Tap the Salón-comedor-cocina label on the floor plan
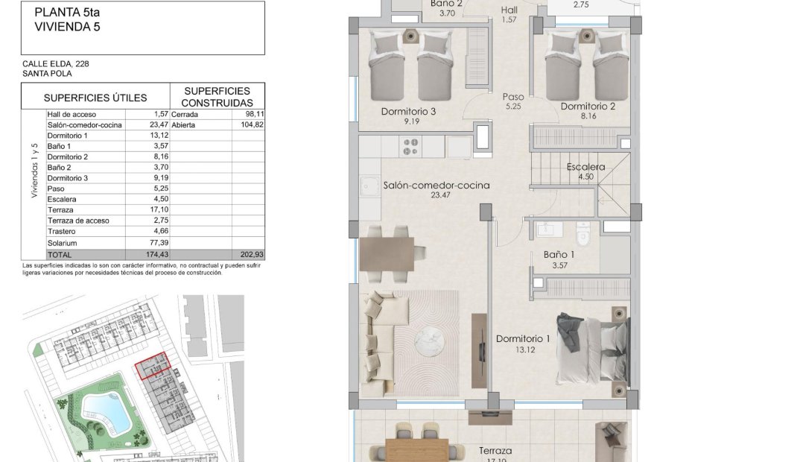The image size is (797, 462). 436,185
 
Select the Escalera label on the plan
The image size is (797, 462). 585,167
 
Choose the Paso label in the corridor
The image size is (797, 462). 512,97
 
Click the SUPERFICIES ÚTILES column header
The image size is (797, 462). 95,98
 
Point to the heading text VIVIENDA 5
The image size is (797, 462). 67,27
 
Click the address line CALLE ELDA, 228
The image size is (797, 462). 56,64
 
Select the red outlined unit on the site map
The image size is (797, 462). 153,369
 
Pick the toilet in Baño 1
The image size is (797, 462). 583,231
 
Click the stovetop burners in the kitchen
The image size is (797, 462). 410,146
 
